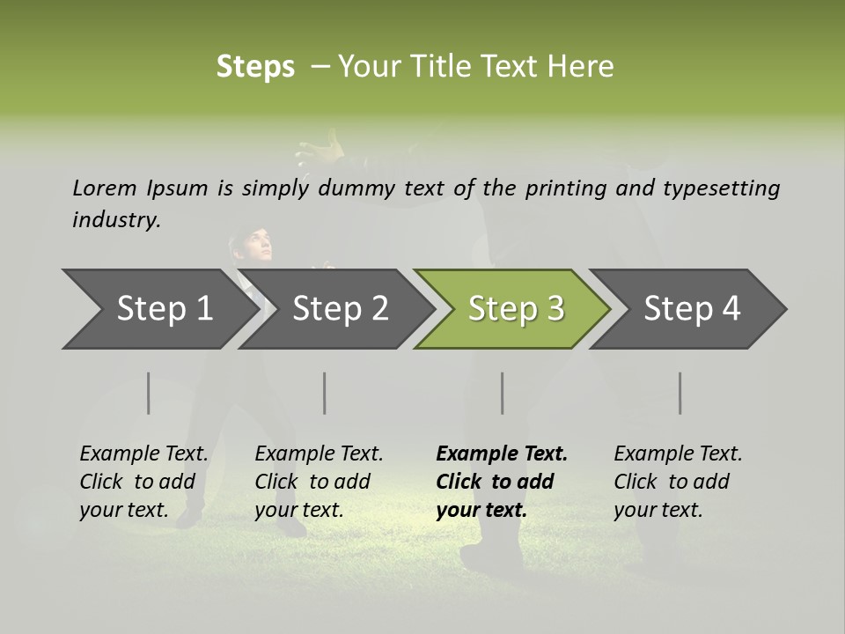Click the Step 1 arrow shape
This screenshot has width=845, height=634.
164,309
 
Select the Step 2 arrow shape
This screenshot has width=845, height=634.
340,309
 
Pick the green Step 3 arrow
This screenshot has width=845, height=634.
516,309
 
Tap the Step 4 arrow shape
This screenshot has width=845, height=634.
692,309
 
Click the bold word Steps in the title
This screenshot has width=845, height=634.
255,67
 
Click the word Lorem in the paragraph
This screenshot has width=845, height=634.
104,188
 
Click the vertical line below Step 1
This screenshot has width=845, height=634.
149,393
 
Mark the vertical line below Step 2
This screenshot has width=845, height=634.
325,393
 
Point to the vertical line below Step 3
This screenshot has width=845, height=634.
503,393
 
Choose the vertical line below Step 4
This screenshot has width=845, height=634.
680,393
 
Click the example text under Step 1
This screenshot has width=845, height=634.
143,482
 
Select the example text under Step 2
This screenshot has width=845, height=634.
319,482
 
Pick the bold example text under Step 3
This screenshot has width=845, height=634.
502,482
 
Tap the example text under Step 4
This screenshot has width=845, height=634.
678,482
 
